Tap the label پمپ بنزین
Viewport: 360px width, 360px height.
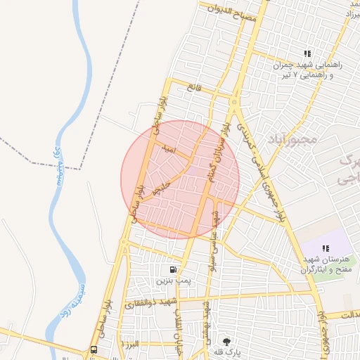tap(174, 280)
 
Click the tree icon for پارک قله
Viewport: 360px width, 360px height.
tap(226, 341)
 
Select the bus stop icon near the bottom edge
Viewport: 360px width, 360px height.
tap(94, 349)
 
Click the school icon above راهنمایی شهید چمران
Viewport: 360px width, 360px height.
tap(307, 53)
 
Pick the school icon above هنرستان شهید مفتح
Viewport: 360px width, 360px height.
tap(326, 248)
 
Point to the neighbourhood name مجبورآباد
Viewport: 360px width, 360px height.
tap(292, 140)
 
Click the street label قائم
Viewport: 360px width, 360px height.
tap(194, 86)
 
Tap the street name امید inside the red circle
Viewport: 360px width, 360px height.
tap(167, 149)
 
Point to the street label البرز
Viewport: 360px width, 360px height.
tap(131, 344)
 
